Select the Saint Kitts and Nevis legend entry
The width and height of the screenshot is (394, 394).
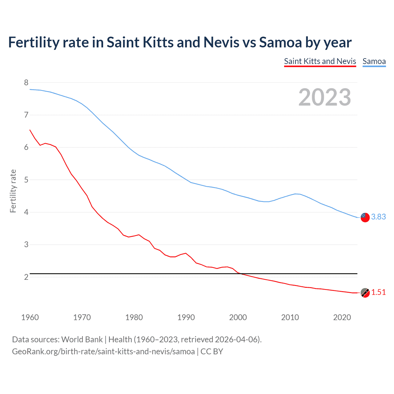pyautogui.click(x=320, y=61)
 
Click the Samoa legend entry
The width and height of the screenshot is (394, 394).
pyautogui.click(x=374, y=61)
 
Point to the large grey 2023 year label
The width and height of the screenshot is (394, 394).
pyautogui.click(x=325, y=97)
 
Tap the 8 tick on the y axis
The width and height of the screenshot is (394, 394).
pyautogui.click(x=26, y=82)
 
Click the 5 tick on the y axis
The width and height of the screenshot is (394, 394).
pyautogui.click(x=26, y=180)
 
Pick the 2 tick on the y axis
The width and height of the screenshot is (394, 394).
pyautogui.click(x=26, y=277)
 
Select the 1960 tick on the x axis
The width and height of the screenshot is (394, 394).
pyautogui.click(x=30, y=317)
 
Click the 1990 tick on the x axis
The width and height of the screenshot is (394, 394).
pyautogui.click(x=186, y=317)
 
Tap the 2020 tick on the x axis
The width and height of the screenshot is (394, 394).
pyautogui.click(x=342, y=317)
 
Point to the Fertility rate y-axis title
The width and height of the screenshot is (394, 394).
pyautogui.click(x=13, y=191)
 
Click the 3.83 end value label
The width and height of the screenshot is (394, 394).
pyautogui.click(x=378, y=217)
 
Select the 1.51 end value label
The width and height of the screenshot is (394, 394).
pyautogui.click(x=378, y=292)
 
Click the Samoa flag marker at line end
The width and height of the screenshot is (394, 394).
pyautogui.click(x=365, y=217)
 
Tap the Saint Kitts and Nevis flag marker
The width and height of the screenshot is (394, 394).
pyautogui.click(x=365, y=293)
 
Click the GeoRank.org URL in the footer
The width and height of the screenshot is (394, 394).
pyautogui.click(x=103, y=352)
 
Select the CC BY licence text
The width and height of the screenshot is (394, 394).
pyautogui.click(x=212, y=352)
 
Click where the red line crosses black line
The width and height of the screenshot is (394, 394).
pyautogui.click(x=241, y=274)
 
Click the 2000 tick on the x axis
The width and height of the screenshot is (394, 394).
pyautogui.click(x=238, y=317)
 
